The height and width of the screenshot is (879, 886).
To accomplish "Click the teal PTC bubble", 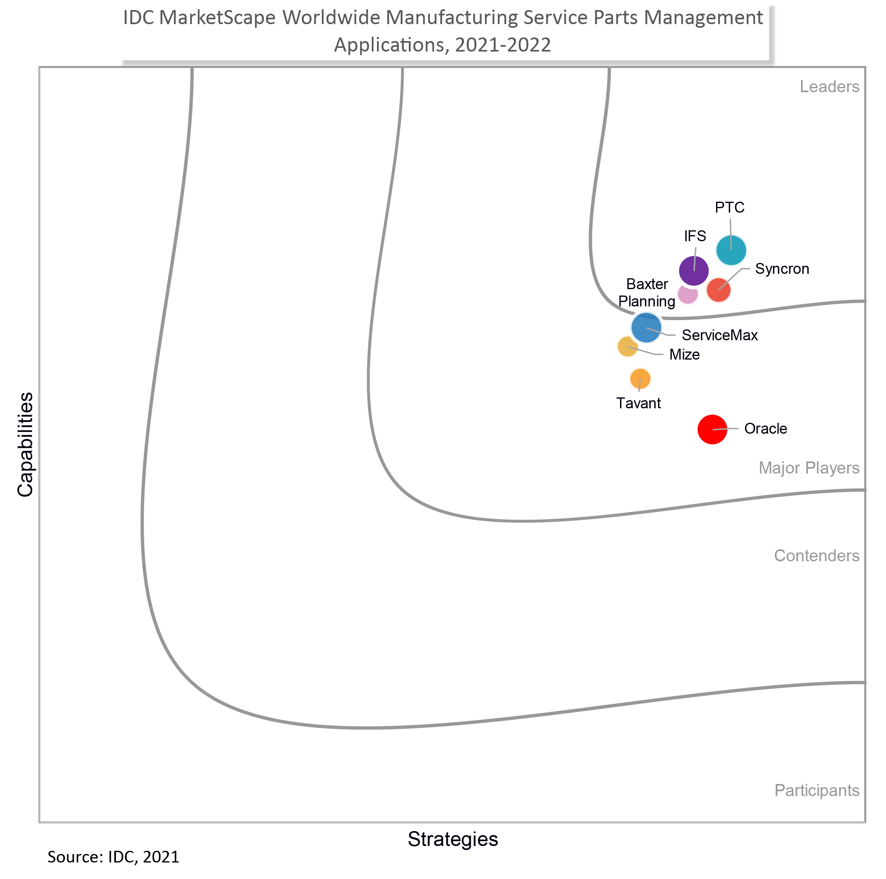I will [731, 250].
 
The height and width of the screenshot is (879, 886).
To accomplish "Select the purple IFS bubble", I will [694, 271].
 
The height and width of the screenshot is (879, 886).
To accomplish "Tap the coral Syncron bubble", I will [718, 290].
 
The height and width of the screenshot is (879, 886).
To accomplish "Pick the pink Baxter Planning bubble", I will [687, 294].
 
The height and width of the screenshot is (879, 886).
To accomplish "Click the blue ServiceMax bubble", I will [646, 328].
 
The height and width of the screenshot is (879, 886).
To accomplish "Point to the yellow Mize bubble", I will [627, 347].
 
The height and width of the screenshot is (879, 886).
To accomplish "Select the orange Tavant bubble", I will [640, 379].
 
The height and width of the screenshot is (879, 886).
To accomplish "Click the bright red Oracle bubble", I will [712, 429].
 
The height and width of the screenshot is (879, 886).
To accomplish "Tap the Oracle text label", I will [766, 429].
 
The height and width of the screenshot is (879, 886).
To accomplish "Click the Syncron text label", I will [782, 269].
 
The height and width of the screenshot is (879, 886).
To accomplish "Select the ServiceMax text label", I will [720, 335].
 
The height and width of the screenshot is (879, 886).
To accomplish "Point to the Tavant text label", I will [638, 403].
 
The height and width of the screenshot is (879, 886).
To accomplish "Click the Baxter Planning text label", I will [647, 293].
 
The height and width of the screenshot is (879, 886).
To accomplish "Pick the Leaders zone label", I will [829, 87].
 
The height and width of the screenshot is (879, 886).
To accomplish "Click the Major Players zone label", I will [809, 468].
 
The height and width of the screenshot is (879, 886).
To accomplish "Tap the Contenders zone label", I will [816, 556].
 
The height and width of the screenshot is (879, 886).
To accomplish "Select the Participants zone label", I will [817, 790].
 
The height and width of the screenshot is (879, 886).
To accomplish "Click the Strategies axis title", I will [453, 839].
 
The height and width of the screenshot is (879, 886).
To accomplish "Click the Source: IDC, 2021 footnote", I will [113, 857].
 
